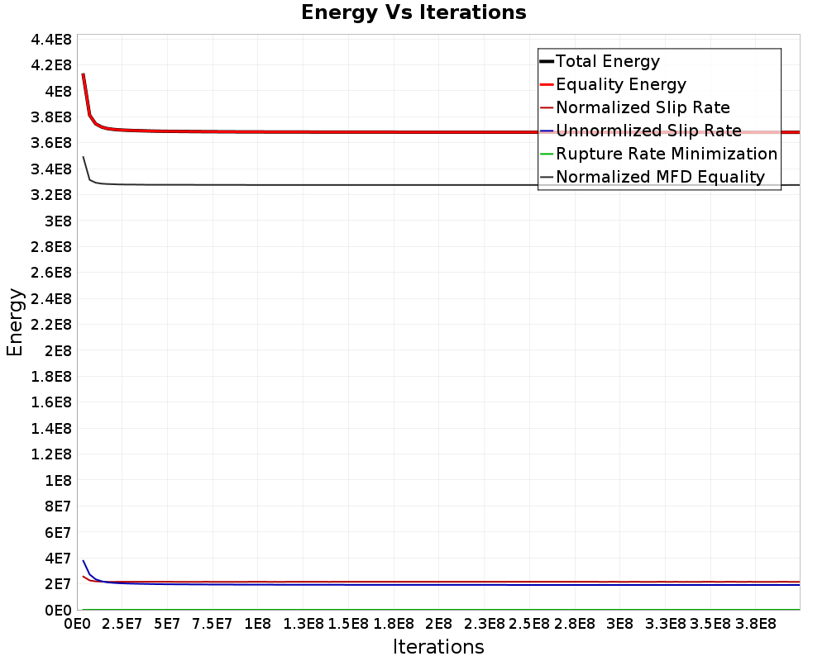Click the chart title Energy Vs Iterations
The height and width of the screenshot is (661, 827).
click(413, 12)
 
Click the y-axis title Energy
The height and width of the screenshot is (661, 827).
click(15, 322)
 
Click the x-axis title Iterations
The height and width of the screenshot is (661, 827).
click(438, 646)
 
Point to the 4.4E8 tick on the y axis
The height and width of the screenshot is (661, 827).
click(51, 40)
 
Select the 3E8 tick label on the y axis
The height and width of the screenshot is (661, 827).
click(58, 221)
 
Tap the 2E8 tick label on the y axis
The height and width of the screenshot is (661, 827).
click(58, 350)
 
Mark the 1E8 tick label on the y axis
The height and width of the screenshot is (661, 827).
click(58, 480)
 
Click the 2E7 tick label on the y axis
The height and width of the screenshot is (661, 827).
click(58, 584)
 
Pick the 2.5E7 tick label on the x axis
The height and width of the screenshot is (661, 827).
click(122, 624)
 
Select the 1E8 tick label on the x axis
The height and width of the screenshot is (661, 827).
click(257, 624)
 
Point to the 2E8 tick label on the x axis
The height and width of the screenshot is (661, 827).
click(438, 624)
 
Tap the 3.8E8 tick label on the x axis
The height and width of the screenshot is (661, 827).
click(755, 624)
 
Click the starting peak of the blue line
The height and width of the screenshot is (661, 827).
click(84, 561)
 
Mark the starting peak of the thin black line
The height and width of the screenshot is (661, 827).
click(84, 157)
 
